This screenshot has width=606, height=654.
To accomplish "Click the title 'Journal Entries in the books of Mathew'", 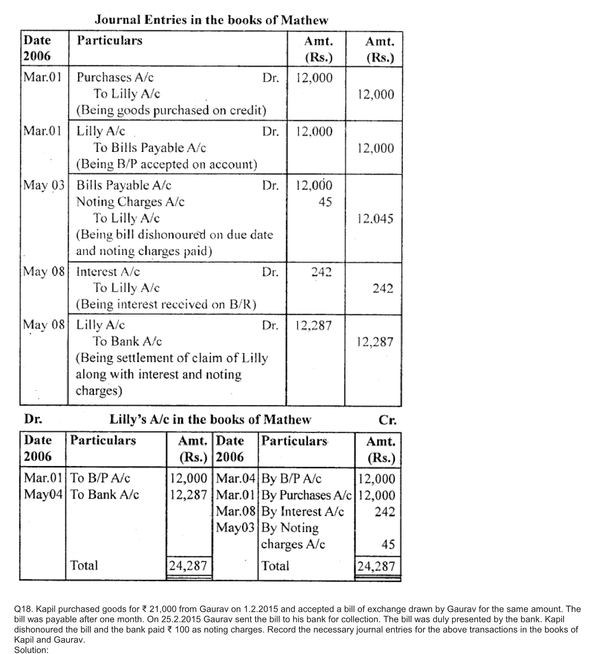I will click(x=211, y=20).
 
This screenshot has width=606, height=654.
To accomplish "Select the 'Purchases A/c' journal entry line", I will click(x=115, y=77).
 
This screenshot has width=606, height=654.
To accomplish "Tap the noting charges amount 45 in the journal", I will click(x=325, y=202).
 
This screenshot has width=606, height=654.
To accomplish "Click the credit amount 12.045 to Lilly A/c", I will click(x=375, y=218).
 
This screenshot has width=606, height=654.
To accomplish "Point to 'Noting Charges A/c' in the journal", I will click(x=130, y=202).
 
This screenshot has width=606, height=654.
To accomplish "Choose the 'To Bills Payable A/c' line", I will click(x=150, y=148).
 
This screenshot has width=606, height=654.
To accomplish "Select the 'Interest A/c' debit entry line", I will click(x=108, y=272).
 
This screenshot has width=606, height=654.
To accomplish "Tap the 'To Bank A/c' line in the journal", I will click(x=127, y=341).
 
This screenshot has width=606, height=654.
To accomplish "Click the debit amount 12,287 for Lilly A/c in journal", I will click(x=314, y=325).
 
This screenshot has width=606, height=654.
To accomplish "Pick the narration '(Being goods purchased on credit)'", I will click(x=171, y=110).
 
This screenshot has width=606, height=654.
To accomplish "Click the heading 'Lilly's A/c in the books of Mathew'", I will click(x=210, y=419).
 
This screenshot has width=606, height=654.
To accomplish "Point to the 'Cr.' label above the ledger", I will click(x=387, y=420).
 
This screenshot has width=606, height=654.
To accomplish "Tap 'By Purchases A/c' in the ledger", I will click(x=306, y=495).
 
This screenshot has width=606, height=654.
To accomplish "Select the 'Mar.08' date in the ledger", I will click(x=236, y=511).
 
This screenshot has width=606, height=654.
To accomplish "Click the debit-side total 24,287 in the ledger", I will click(x=188, y=565).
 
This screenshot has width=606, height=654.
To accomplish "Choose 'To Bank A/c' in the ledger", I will click(x=104, y=495).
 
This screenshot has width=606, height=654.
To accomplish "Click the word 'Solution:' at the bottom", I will click(x=31, y=650).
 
